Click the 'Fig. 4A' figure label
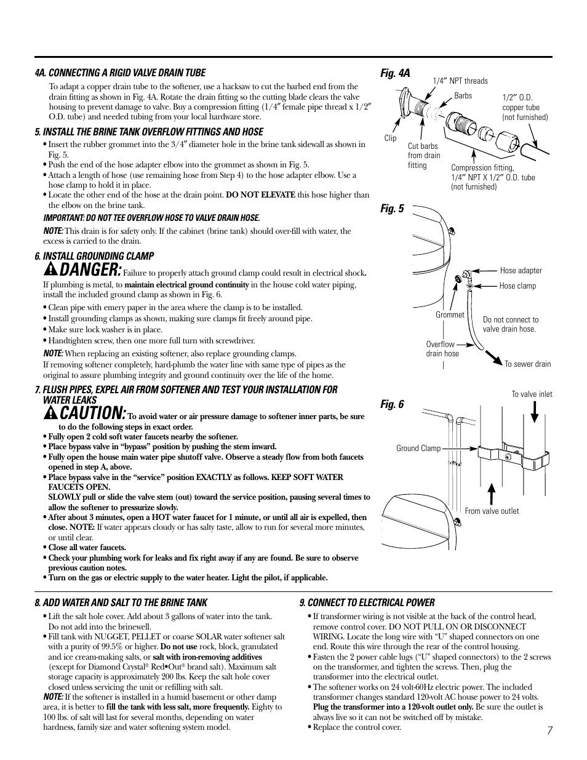point(394,73)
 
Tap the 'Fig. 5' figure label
point(392,209)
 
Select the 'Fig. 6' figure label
point(392,404)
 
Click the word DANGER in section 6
point(90,269)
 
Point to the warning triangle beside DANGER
point(51,270)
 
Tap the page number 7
point(549,730)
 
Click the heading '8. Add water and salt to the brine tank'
point(121,602)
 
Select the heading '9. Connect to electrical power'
point(367,602)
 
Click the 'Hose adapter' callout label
point(521,270)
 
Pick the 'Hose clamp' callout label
point(517,286)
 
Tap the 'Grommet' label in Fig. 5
point(450,314)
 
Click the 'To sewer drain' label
point(527,364)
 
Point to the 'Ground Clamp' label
point(418,448)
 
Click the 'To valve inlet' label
point(532,394)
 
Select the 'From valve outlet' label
point(492,511)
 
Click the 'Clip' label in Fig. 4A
point(390,138)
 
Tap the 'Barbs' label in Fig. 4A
point(463,95)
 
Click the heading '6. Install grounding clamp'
point(94,256)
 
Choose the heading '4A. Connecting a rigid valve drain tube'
point(120,73)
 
